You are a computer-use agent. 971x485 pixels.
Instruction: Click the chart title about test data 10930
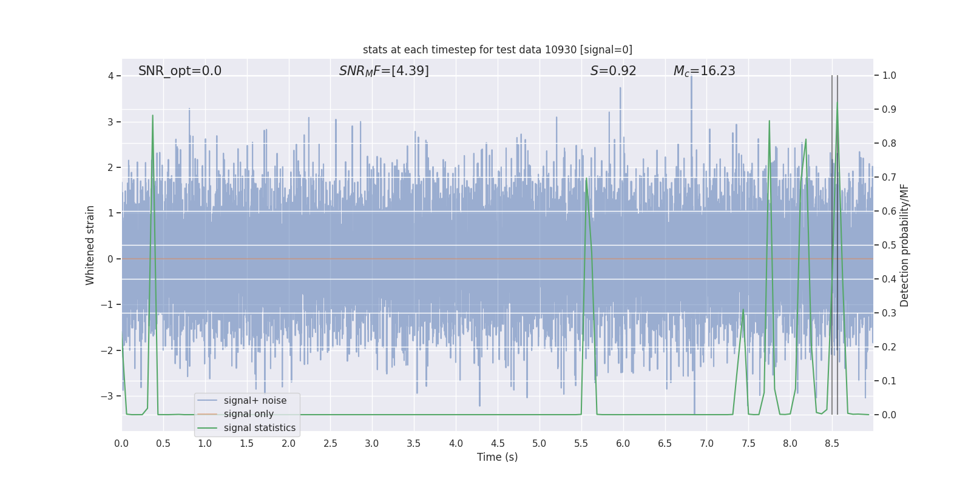497,50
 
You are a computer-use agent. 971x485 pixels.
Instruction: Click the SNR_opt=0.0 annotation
180,71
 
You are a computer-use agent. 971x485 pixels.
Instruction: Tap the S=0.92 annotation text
613,71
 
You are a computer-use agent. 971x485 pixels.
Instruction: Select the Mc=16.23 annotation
704,71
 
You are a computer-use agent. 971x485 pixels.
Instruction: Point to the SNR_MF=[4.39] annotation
384,71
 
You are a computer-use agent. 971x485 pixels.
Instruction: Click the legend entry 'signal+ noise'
255,401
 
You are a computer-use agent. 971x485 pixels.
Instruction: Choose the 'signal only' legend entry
248,414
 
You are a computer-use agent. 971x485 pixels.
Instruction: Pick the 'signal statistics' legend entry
259,428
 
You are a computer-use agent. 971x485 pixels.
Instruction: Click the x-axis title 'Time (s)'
497,457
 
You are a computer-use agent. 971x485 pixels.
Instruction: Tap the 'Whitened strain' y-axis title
90,245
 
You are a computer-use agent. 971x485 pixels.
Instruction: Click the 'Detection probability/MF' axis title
904,245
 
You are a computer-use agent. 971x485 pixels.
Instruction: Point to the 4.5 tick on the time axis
498,443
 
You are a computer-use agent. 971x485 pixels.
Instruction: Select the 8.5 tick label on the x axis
832,443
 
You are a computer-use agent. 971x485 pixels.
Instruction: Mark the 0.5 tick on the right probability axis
889,245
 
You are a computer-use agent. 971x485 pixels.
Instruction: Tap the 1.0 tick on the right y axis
889,76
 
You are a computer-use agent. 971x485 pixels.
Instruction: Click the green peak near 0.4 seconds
152,116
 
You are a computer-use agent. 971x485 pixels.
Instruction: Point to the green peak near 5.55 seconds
586,179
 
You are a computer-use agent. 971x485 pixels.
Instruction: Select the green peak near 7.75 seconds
769,121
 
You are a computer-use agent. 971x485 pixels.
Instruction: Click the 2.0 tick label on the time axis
289,443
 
